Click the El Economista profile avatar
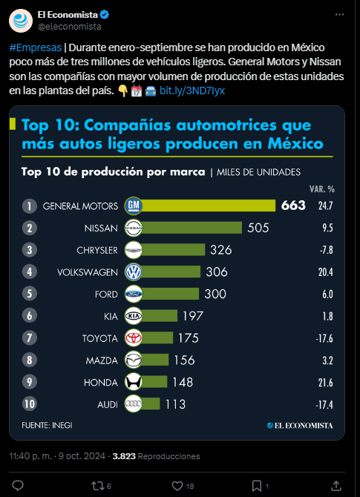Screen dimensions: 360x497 click(x=21, y=21)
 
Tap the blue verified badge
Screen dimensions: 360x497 click(x=105, y=15)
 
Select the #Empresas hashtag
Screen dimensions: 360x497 click(x=36, y=47)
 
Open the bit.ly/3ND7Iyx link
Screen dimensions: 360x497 click(x=192, y=90)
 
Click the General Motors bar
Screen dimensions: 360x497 click(x=209, y=205)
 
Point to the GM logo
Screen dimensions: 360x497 click(x=133, y=205)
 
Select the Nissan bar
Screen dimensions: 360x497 click(x=192, y=228)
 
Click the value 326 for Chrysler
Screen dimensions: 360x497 click(x=221, y=250)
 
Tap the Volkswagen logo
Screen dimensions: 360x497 click(x=133, y=272)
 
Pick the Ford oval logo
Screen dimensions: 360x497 click(x=133, y=294)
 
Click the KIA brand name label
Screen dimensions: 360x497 click(x=111, y=316)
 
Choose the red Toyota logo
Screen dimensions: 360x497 click(x=133, y=338)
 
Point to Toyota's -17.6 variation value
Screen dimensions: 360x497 click(x=324, y=338)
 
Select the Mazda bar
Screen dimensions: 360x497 click(x=155, y=360)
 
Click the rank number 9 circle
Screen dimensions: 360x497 click(x=30, y=382)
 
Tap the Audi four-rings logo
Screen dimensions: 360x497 click(x=133, y=404)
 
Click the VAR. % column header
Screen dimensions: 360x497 click(x=322, y=189)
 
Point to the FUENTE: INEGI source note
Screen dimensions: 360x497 click(x=47, y=425)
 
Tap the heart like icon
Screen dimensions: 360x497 click(x=177, y=486)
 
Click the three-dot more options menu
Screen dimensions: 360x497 click(x=339, y=15)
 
